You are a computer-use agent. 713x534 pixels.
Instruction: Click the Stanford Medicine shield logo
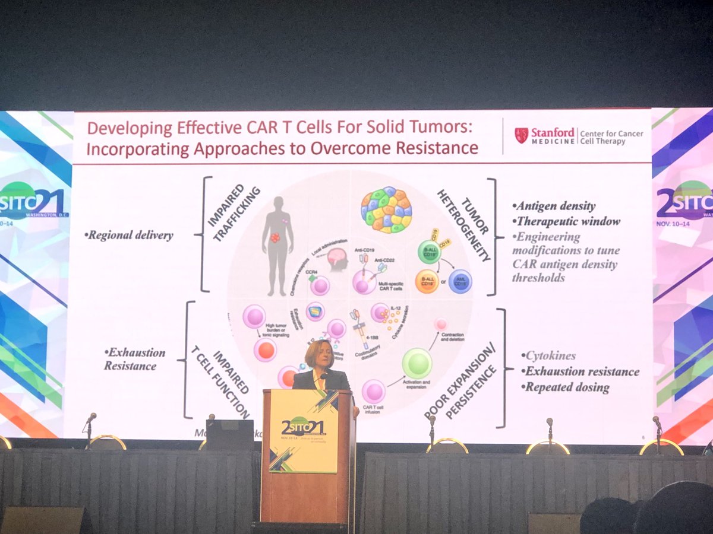click(x=521, y=135)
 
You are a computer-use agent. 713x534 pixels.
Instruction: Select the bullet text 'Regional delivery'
click(x=130, y=236)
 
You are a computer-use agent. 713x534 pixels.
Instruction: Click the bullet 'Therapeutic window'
click(x=568, y=221)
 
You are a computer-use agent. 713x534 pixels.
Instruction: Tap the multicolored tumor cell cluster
click(x=386, y=209)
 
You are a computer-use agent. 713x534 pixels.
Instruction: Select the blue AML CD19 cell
click(x=460, y=281)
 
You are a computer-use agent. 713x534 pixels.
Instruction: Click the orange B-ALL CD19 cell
click(x=426, y=281)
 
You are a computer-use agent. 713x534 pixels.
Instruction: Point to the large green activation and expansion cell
click(x=417, y=363)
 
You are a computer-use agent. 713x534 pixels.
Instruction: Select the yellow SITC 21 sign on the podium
click(x=304, y=430)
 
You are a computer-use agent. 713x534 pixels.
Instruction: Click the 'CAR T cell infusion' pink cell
click(x=374, y=391)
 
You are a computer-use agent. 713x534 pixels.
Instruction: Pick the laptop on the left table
click(x=229, y=434)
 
